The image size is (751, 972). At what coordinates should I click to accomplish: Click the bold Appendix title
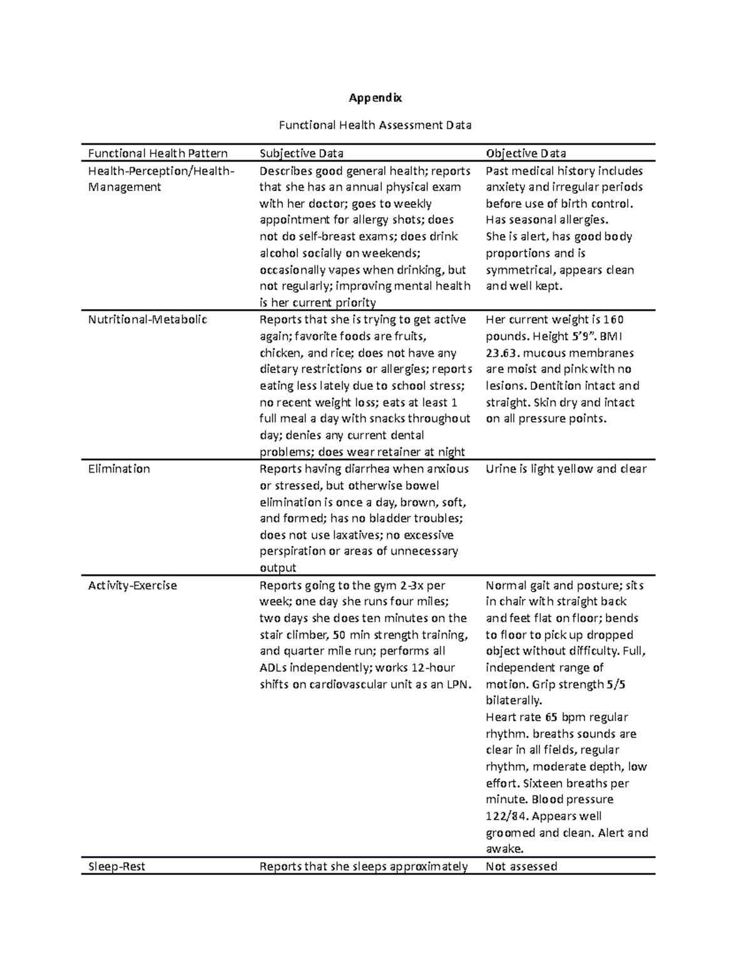point(375,98)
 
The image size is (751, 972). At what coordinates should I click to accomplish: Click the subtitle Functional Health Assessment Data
point(375,125)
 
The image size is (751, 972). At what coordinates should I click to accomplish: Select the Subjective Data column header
point(301,153)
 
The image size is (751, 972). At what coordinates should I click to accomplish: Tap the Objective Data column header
point(526,153)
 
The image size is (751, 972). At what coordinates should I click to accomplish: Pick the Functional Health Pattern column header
point(158,153)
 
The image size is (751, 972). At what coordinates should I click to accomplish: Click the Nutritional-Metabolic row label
point(147,320)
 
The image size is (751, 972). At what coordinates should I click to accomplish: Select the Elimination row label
point(119,469)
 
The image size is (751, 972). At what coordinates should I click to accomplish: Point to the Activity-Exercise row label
point(132,586)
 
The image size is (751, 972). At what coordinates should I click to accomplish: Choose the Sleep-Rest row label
point(116,867)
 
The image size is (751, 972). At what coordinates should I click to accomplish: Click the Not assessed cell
point(521,867)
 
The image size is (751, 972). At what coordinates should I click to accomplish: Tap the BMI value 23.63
point(503,353)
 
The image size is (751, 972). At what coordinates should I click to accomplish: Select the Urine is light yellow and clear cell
point(566,469)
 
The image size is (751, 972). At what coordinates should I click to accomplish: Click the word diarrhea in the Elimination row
point(367,469)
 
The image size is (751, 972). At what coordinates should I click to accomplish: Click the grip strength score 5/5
point(616,684)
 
